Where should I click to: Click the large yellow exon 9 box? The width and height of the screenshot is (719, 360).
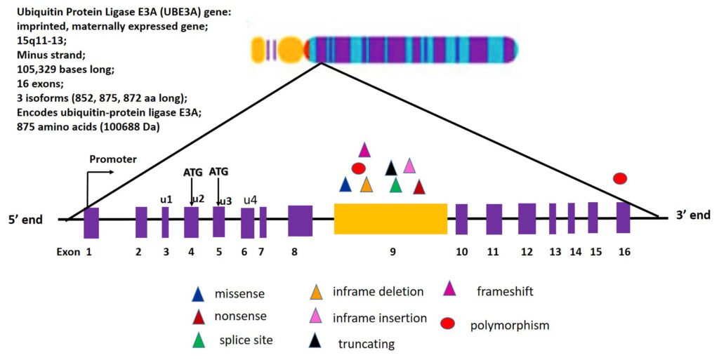(x=390, y=219)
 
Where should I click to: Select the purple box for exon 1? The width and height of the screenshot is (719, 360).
(x=91, y=222)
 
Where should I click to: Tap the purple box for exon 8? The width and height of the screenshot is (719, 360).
(x=300, y=220)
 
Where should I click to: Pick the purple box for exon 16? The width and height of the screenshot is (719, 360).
(x=623, y=218)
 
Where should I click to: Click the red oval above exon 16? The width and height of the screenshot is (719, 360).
(x=620, y=179)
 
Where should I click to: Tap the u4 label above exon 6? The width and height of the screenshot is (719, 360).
(x=250, y=200)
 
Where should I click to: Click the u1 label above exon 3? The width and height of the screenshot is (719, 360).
(x=166, y=199)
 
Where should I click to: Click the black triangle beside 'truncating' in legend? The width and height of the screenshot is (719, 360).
(x=317, y=342)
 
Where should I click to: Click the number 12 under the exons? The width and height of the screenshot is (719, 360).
(x=527, y=252)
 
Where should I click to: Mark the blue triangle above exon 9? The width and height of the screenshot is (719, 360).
(x=345, y=185)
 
